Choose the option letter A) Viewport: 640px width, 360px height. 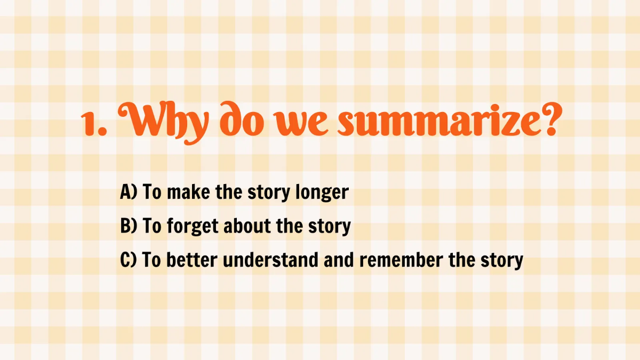[129, 193]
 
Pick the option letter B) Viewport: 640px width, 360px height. [129, 227]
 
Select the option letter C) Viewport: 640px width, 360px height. [129, 260]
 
